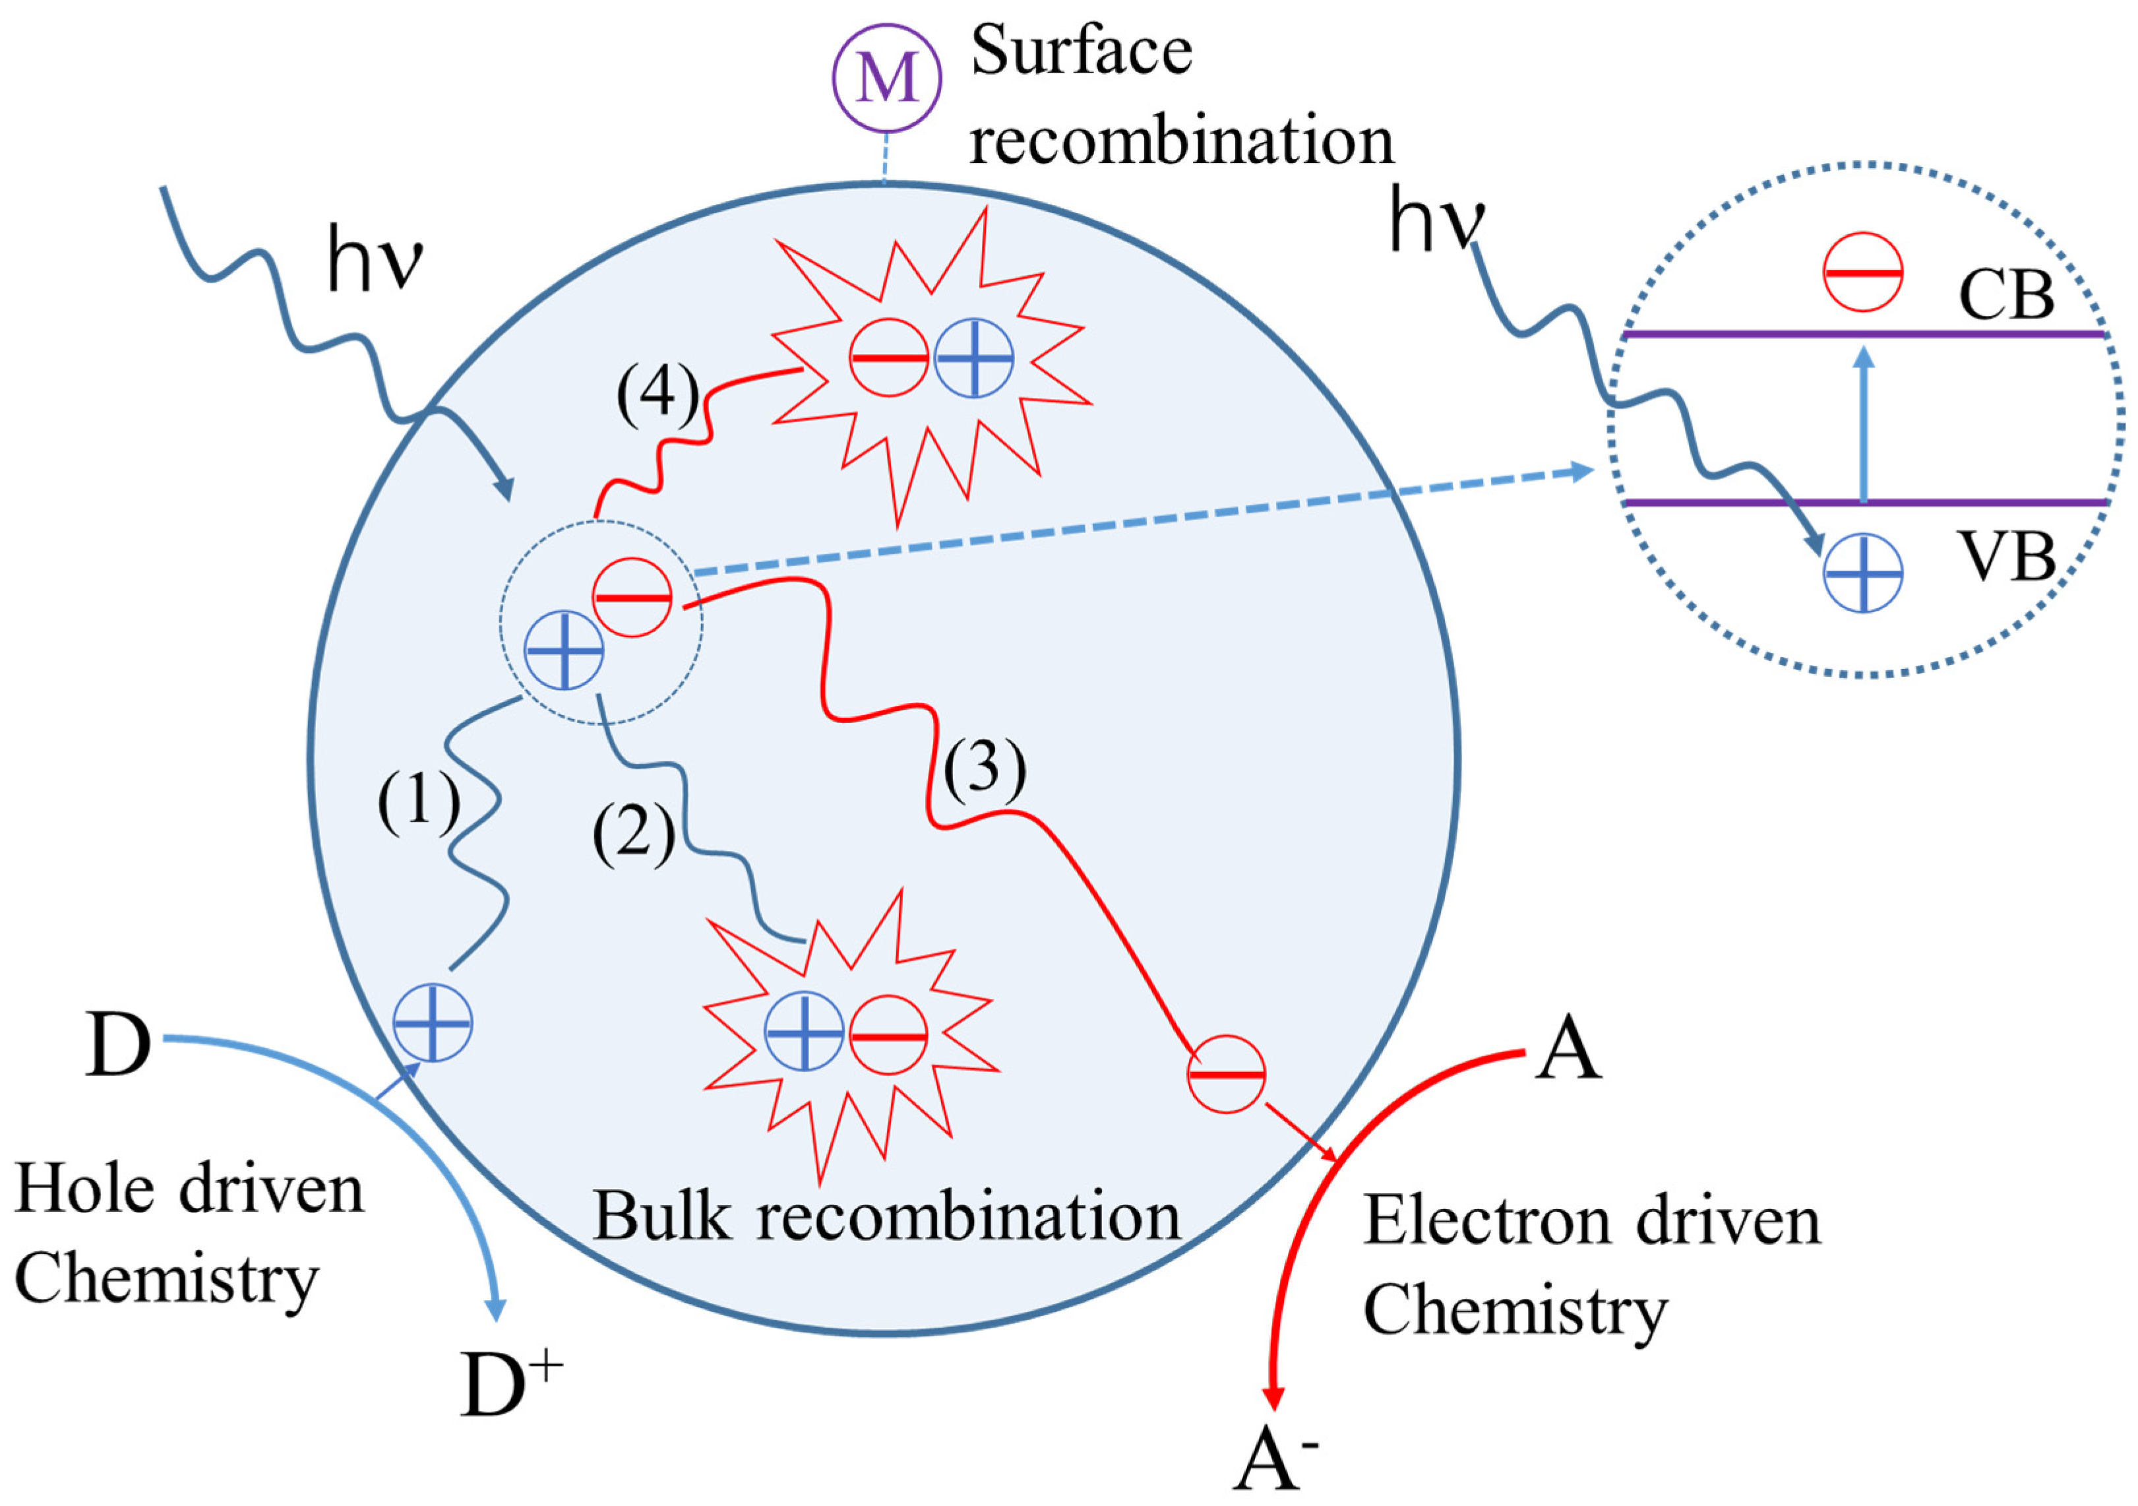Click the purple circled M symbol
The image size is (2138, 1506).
(886, 78)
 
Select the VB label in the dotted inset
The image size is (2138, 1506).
(2007, 559)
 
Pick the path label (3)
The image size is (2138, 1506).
(985, 771)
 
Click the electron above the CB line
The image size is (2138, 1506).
(1862, 272)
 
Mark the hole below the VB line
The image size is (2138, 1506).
(1862, 573)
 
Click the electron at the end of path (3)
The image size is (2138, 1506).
(1225, 1074)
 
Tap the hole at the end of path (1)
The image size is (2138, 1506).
(432, 1022)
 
